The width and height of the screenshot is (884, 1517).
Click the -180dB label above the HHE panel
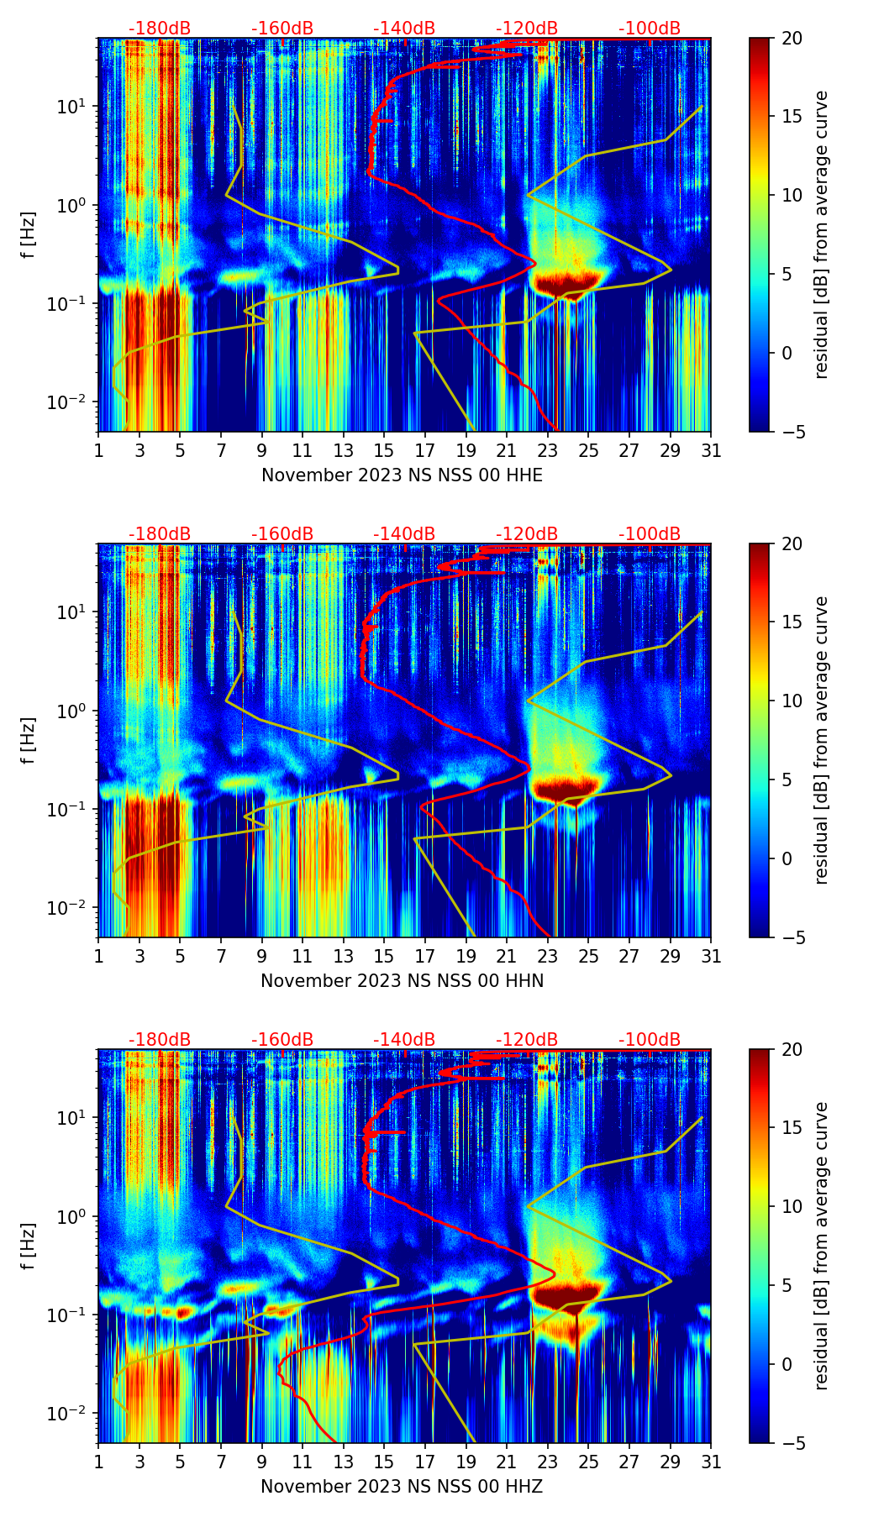coord(160,29)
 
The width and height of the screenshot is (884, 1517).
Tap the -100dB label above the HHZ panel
coord(650,1040)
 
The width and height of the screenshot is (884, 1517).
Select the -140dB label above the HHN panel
coord(404,534)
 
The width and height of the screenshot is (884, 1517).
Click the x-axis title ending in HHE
coord(402,475)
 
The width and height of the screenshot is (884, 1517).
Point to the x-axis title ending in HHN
coord(402,981)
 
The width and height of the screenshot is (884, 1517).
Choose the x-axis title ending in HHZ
coord(402,1487)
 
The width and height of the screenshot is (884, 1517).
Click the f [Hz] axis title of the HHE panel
coord(29,235)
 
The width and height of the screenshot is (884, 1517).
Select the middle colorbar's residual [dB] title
coord(821,740)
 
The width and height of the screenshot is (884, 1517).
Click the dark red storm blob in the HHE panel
coord(567,282)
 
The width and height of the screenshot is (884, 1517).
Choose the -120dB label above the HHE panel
coord(527,29)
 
